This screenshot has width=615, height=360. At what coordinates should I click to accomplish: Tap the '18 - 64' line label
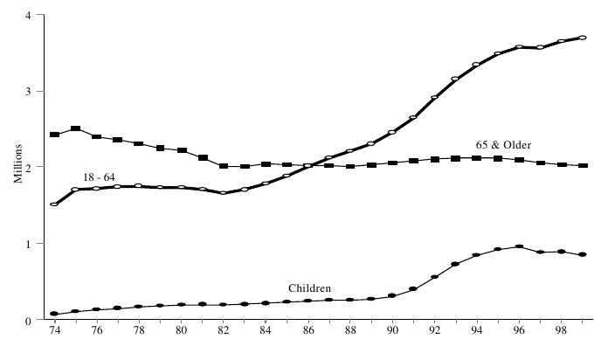99,177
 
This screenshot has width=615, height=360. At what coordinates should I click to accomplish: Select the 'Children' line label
309,287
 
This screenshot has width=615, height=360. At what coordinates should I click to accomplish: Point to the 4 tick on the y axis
30,16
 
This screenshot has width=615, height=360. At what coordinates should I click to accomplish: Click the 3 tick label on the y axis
30,92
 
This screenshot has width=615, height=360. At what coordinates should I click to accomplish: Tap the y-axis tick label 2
30,168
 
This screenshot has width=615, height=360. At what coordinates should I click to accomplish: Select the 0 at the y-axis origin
30,320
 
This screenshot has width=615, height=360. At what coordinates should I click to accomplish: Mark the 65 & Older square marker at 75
75,129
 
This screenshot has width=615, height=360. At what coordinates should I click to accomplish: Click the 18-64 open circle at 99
583,38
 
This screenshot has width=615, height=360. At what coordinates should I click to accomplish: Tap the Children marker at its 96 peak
519,246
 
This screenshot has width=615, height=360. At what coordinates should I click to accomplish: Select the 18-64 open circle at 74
54,204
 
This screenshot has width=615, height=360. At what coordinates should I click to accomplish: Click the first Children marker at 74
54,314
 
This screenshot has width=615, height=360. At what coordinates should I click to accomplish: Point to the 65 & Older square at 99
583,166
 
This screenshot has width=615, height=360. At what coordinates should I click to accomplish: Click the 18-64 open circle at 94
477,65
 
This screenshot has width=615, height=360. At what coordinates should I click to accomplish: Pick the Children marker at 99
583,254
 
